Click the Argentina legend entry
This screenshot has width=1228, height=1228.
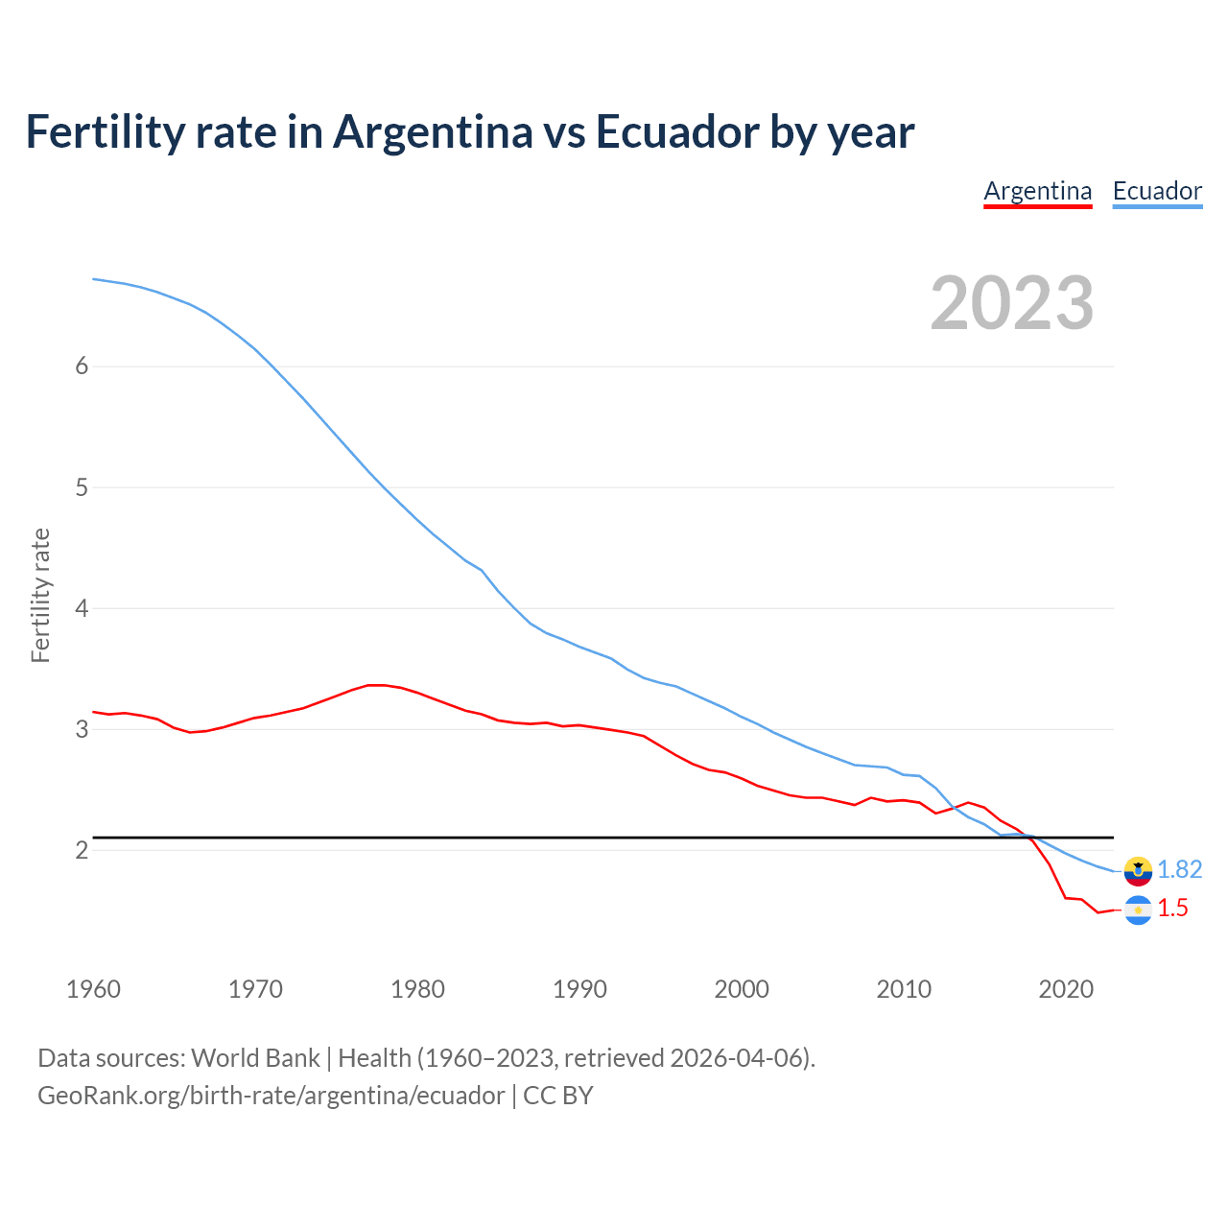pyautogui.click(x=1038, y=191)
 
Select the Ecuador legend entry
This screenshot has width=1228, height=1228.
pyautogui.click(x=1157, y=191)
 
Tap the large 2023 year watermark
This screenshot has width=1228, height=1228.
pyautogui.click(x=1012, y=303)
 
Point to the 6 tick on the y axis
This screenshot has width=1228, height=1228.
pyautogui.click(x=82, y=366)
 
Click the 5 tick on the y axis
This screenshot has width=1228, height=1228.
pyautogui.click(x=82, y=487)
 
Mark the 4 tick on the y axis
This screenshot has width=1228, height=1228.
pyautogui.click(x=82, y=608)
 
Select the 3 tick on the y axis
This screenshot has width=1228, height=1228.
pyautogui.click(x=82, y=729)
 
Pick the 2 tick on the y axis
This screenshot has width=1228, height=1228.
pyautogui.click(x=82, y=850)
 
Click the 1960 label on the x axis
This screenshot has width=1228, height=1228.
pyautogui.click(x=93, y=989)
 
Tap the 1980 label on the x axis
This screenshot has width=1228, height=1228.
pyautogui.click(x=417, y=989)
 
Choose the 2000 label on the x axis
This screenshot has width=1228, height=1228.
pyautogui.click(x=742, y=989)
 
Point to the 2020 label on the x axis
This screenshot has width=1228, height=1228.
pyautogui.click(x=1066, y=989)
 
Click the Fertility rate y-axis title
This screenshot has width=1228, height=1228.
pyautogui.click(x=40, y=595)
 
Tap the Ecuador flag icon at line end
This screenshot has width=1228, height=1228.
pyautogui.click(x=1138, y=870)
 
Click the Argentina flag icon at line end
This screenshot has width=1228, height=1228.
pyautogui.click(x=1138, y=909)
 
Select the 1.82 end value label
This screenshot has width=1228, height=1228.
pyautogui.click(x=1179, y=869)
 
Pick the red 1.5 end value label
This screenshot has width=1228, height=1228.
pyautogui.click(x=1172, y=909)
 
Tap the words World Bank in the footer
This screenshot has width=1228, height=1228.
pyautogui.click(x=255, y=1058)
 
